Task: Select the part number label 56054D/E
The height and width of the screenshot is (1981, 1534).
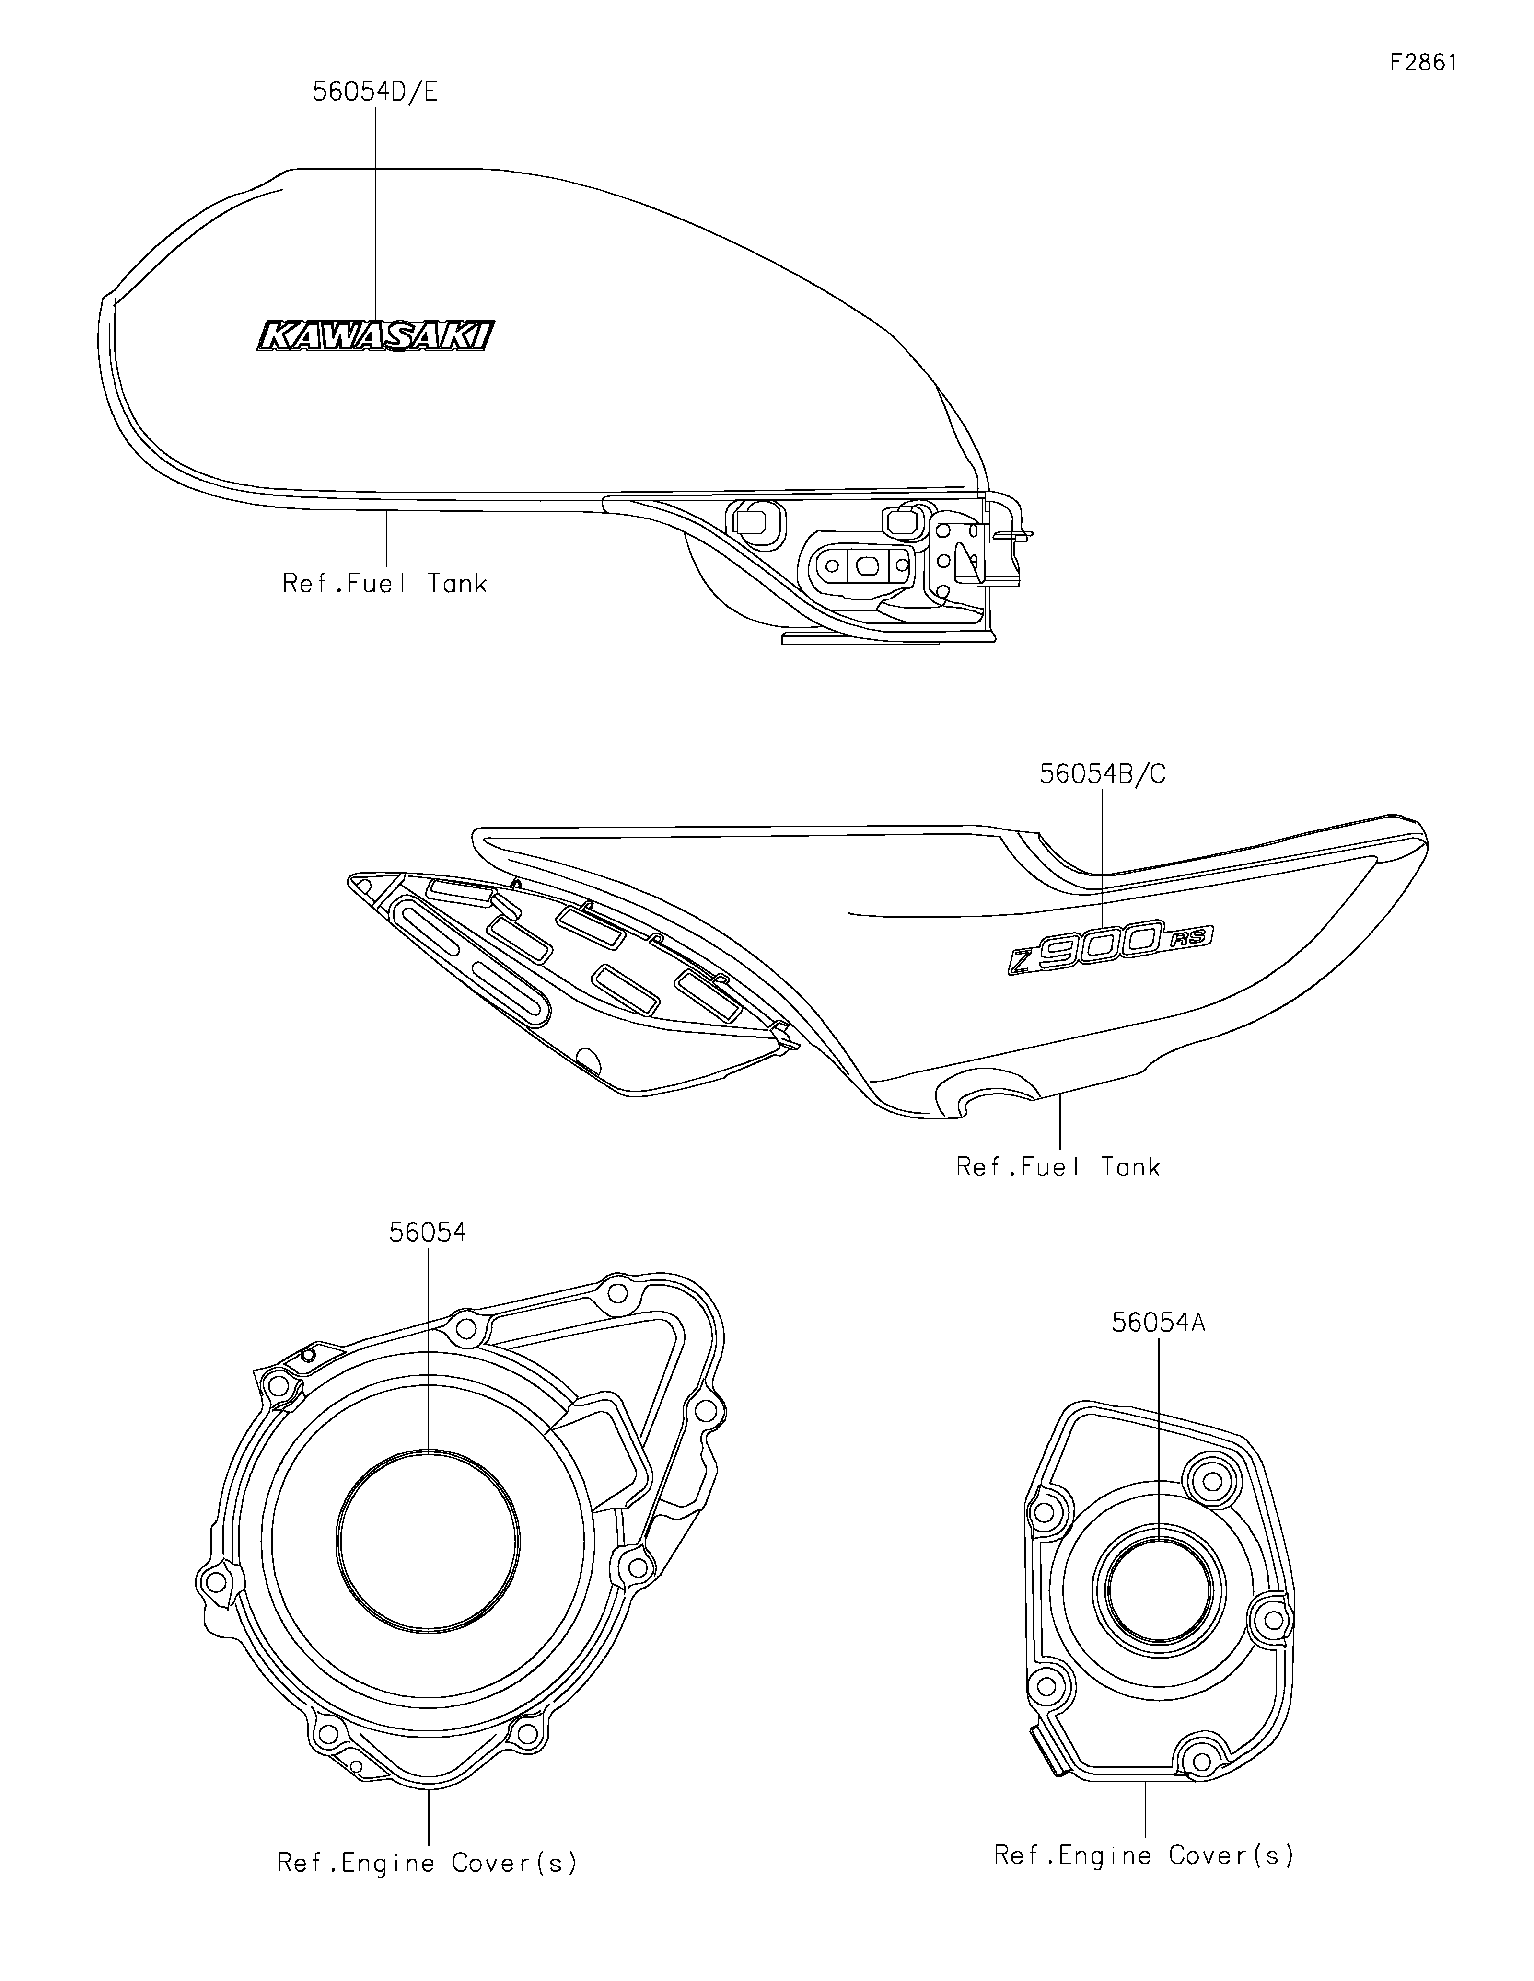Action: pos(375,92)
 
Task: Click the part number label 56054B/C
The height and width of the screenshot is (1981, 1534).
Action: pos(1102,774)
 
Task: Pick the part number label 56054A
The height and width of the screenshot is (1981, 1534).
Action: pos(1159,1324)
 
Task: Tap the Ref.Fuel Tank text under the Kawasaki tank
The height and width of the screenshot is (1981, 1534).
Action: pos(384,583)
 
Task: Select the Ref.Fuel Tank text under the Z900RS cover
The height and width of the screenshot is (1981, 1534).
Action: pos(1058,1166)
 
